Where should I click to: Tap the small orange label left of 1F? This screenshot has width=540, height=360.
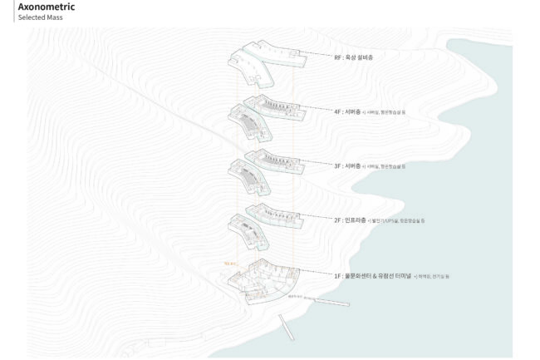(231, 264)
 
